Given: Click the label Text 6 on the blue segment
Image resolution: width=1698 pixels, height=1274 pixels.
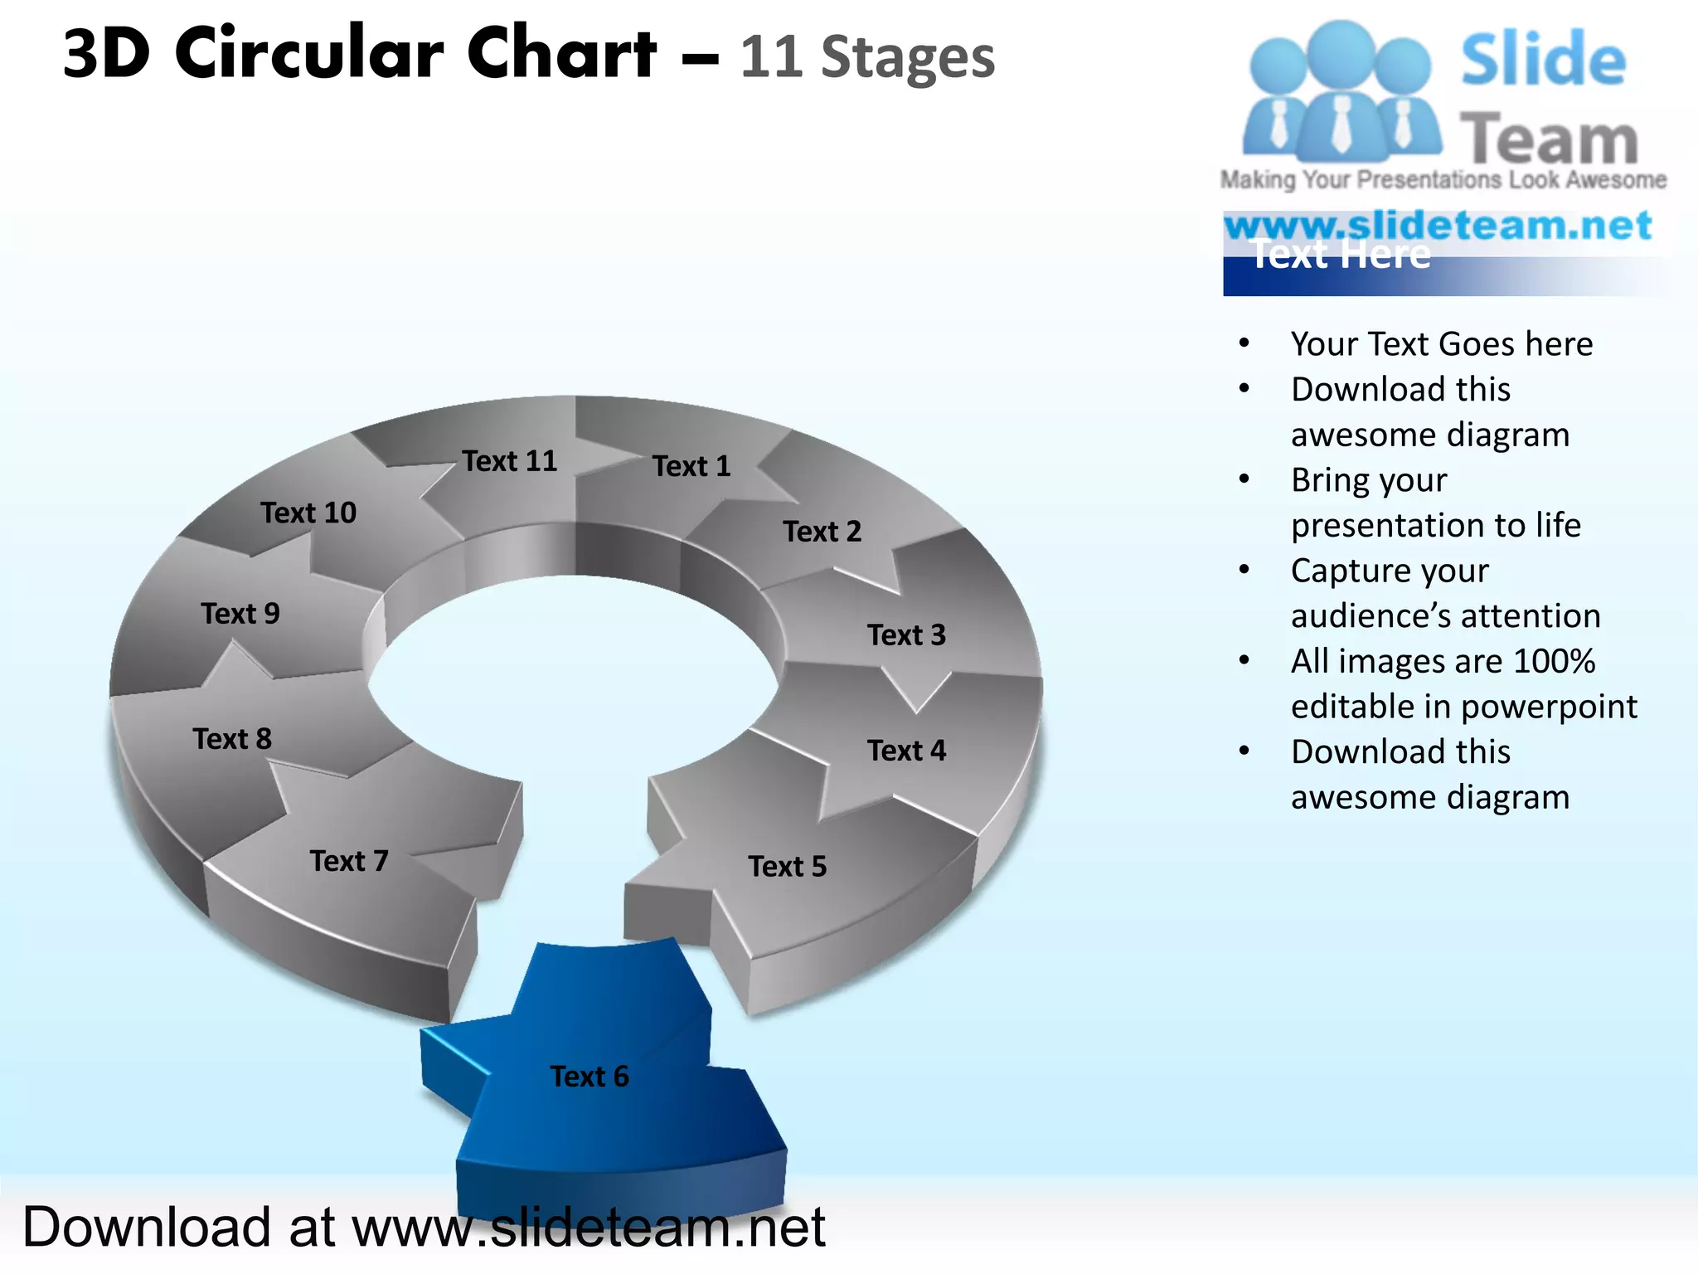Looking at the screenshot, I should click(589, 1077).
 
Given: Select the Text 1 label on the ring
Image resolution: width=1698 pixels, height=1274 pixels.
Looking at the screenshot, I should click(691, 466).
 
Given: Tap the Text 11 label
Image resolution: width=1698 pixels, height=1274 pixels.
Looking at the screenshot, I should click(509, 461).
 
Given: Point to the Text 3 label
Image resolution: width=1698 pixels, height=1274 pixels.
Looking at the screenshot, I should click(906, 635).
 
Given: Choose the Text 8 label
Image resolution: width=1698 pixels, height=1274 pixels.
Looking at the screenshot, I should click(232, 739).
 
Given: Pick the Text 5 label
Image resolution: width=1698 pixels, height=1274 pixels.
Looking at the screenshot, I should click(788, 867).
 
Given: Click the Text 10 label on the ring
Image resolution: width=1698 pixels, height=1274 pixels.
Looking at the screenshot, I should click(308, 513).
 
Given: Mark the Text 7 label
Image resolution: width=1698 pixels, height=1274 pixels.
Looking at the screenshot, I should click(349, 861).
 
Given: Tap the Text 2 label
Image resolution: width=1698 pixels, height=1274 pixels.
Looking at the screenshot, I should click(822, 532).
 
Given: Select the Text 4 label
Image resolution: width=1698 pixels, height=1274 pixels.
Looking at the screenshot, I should click(906, 751).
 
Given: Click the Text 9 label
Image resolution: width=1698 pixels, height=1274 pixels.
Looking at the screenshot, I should click(240, 614).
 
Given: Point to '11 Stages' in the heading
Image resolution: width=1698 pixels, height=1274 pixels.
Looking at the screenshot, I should click(867, 58).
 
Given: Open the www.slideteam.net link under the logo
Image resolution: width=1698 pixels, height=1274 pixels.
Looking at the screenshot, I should click(1438, 226).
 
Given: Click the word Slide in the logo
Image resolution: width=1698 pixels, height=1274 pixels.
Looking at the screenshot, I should click(1543, 60).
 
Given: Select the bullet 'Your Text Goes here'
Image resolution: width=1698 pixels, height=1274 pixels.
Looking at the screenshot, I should click(1442, 344).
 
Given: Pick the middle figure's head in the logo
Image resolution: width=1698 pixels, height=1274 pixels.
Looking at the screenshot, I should click(1341, 51).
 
